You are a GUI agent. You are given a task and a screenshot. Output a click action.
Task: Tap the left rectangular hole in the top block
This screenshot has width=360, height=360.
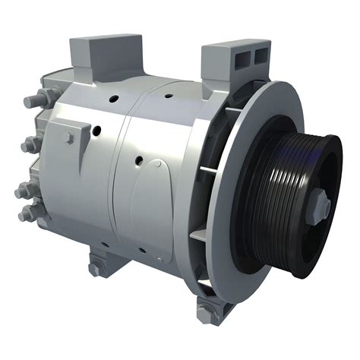coord(243,58)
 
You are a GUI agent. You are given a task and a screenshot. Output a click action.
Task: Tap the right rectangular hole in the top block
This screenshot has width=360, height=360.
coord(261,55)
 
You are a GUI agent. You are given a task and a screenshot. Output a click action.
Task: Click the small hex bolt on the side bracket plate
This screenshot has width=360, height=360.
coord(69,137)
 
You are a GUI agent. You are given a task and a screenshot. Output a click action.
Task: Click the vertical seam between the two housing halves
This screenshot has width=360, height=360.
coord(122,182)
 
